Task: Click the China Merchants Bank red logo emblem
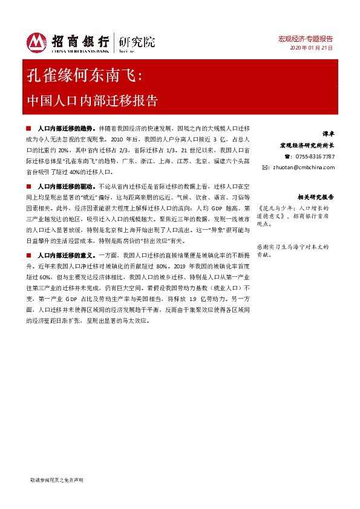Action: click(36, 42)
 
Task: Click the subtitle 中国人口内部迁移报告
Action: click(93, 100)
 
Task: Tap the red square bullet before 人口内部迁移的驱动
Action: click(30, 186)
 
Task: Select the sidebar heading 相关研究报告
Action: click(315, 197)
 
